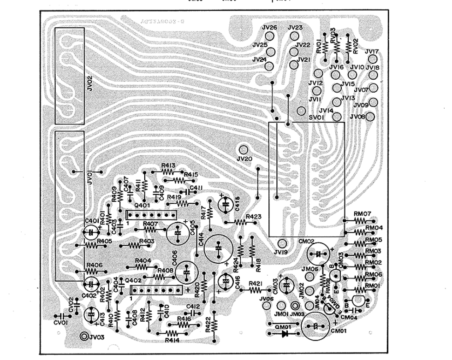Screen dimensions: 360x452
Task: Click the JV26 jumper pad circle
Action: (271, 37)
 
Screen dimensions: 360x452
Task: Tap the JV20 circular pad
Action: (244, 149)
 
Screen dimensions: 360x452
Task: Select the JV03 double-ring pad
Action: (84, 336)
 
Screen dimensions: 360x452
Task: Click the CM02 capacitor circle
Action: (318, 254)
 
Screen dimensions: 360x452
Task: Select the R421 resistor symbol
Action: (255, 290)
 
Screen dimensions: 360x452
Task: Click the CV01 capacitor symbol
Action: (60, 316)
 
